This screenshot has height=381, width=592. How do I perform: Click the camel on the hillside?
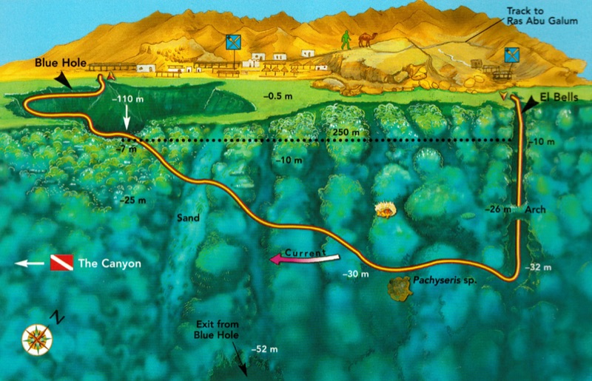pos(366,41)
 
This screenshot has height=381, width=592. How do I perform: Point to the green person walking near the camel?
pos(345,41)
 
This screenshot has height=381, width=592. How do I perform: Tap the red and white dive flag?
pos(60,263)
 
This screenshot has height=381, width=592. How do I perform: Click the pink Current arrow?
pos(303,256)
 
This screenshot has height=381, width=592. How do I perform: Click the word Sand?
pos(189,219)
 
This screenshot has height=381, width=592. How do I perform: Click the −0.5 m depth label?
pos(278,96)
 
